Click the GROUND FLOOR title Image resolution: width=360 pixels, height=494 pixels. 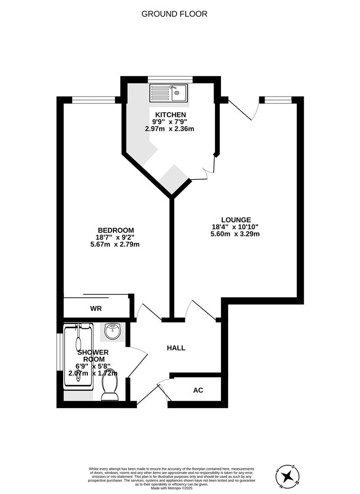(174, 14)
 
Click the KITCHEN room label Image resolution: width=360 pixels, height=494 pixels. (170, 114)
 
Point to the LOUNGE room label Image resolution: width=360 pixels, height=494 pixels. (236, 220)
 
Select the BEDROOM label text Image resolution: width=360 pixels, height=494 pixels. (116, 230)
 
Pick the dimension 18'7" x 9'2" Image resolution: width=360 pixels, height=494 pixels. (117, 237)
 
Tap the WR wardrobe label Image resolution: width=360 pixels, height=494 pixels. (96, 309)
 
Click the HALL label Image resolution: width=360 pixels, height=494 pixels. (176, 348)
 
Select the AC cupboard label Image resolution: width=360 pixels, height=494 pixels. (198, 390)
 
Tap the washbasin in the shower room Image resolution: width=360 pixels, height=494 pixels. (113, 331)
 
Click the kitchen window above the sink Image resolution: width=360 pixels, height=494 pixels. (170, 79)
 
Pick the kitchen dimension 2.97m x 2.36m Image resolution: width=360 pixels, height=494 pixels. (170, 129)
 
